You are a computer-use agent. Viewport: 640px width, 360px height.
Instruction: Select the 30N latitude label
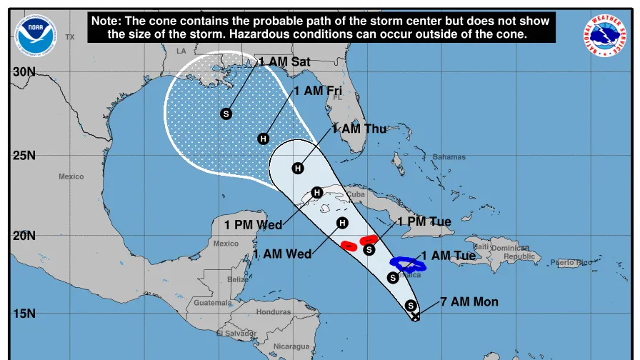click(x=24, y=72)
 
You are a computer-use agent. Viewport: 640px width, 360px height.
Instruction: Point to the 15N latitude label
click(x=24, y=314)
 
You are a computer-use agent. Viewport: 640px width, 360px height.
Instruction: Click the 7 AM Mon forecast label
click(x=469, y=302)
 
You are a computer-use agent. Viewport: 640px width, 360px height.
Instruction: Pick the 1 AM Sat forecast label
click(x=284, y=62)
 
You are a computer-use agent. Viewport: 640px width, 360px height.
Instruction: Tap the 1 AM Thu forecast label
click(x=359, y=129)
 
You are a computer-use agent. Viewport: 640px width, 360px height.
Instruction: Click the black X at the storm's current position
click(x=416, y=316)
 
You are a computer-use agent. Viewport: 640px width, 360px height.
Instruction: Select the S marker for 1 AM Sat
click(x=226, y=114)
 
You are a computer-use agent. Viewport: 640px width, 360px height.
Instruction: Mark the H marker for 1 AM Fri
click(x=263, y=139)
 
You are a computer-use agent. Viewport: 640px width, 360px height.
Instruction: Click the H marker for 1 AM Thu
click(x=298, y=168)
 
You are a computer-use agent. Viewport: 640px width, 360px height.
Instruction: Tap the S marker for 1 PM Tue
click(x=369, y=249)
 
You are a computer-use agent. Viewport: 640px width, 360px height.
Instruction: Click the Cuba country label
click(x=356, y=194)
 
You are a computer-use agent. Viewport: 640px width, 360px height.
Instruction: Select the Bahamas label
click(x=449, y=157)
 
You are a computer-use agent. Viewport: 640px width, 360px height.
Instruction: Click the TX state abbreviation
click(x=69, y=36)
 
